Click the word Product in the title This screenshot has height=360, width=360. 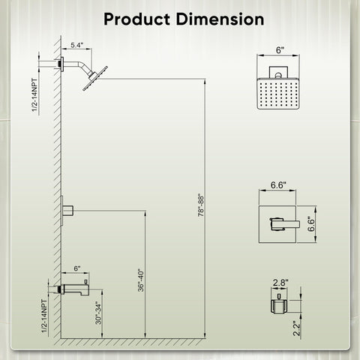(x=136, y=19)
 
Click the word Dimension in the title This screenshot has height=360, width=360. (x=220, y=19)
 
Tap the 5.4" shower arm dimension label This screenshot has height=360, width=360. (x=76, y=45)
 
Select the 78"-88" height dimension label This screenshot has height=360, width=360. (x=201, y=205)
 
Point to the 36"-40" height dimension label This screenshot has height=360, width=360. (x=141, y=280)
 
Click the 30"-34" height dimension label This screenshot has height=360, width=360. (x=98, y=313)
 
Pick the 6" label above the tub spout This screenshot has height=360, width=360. (x=77, y=268)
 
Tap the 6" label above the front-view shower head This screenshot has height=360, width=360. (x=280, y=50)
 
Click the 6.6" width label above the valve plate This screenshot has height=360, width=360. (x=278, y=185)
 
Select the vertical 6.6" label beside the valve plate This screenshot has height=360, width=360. (x=311, y=223)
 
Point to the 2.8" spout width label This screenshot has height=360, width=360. (x=280, y=283)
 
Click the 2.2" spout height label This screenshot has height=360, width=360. (x=296, y=328)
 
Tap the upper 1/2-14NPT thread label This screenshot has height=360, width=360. (x=34, y=95)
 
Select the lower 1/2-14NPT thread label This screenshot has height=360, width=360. (x=44, y=316)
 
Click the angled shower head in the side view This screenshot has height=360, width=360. (x=95, y=78)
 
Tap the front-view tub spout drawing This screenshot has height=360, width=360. (x=279, y=304)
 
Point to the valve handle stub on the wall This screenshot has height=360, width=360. (x=67, y=211)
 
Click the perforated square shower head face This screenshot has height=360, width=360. (x=278, y=94)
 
